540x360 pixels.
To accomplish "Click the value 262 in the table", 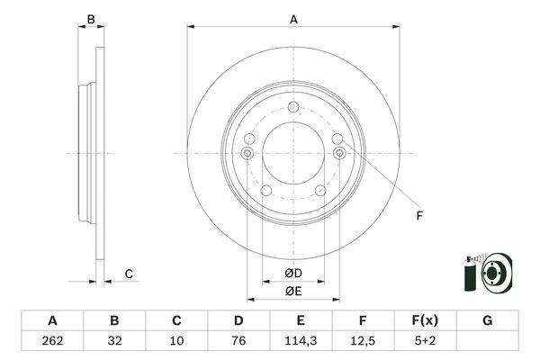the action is point(52,341).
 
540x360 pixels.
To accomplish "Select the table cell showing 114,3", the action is point(301,341).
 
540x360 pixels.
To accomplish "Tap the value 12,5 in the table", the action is point(363,341).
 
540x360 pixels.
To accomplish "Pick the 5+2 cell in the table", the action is point(425,341).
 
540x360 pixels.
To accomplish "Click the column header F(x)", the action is point(425,320).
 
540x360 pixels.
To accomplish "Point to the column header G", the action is point(487,320).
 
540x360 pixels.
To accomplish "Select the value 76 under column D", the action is point(238,341).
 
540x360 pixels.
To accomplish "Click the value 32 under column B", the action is point(114,341).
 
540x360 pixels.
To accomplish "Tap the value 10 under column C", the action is point(176,341).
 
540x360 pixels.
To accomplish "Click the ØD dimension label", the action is point(293,274).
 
